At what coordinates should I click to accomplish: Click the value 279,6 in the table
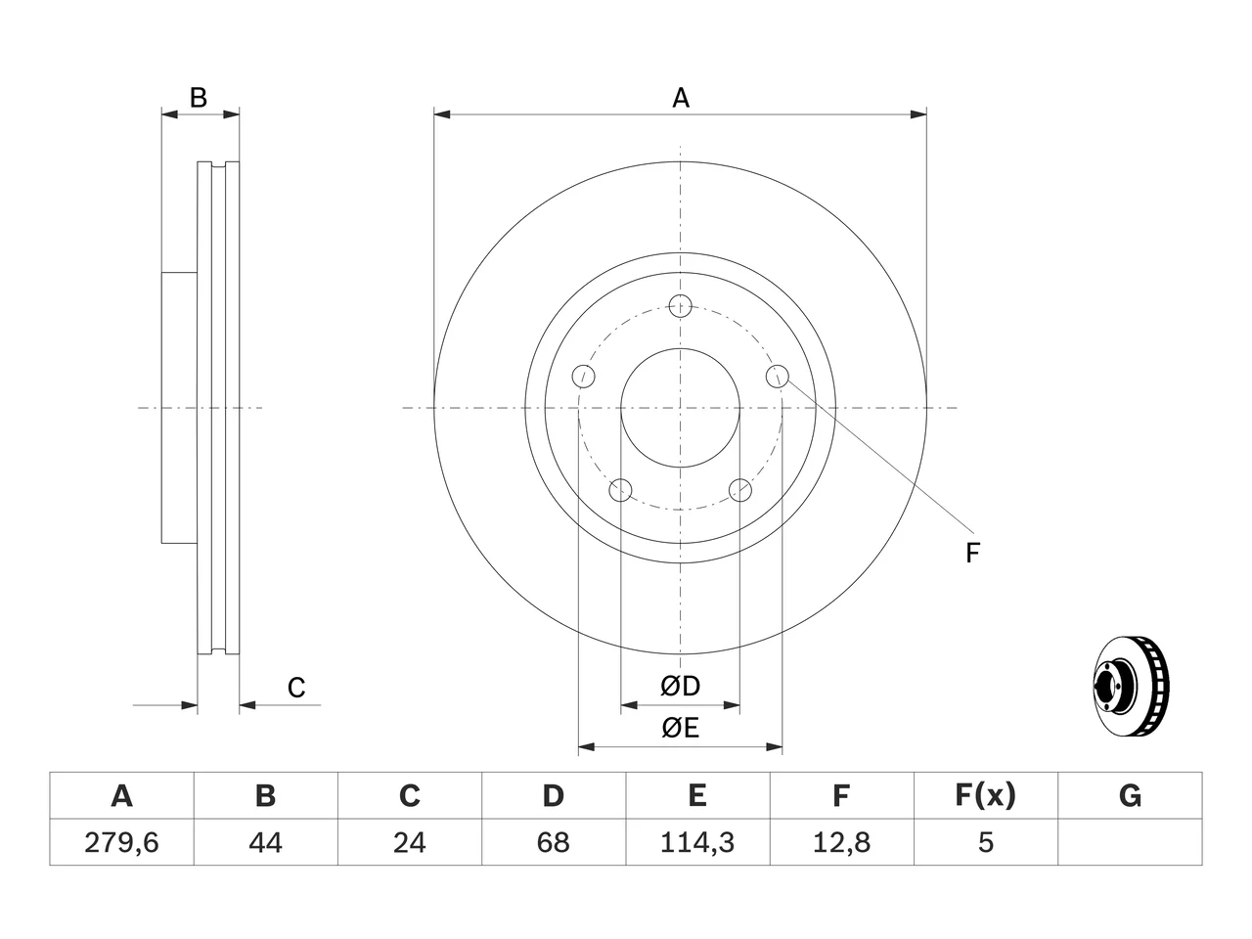pos(121,842)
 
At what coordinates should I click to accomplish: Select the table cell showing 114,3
pos(697,842)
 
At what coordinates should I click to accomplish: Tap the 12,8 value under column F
pos(841,842)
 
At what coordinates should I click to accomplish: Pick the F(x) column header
pos(986,795)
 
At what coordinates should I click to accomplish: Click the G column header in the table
pos(1130,795)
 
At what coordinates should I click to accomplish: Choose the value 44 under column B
pos(265,842)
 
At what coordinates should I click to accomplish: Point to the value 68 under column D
pos(554,842)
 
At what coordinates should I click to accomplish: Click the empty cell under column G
pos(1130,842)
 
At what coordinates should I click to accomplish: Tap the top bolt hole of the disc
pos(680,306)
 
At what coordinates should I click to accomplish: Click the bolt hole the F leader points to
pos(777,377)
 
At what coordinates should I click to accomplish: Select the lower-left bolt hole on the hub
pos(620,490)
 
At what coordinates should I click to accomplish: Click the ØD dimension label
pos(680,687)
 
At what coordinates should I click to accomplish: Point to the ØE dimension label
pos(680,728)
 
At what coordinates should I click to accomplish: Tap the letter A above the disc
pos(681,98)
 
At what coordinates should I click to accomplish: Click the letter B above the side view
pos(198,98)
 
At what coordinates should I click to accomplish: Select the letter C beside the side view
pos(296,688)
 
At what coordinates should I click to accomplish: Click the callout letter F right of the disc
pos(972,553)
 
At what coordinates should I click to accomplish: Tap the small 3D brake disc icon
pos(1131,686)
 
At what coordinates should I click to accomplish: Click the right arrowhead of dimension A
pos(918,114)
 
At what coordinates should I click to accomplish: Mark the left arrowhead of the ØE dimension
pos(586,747)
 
